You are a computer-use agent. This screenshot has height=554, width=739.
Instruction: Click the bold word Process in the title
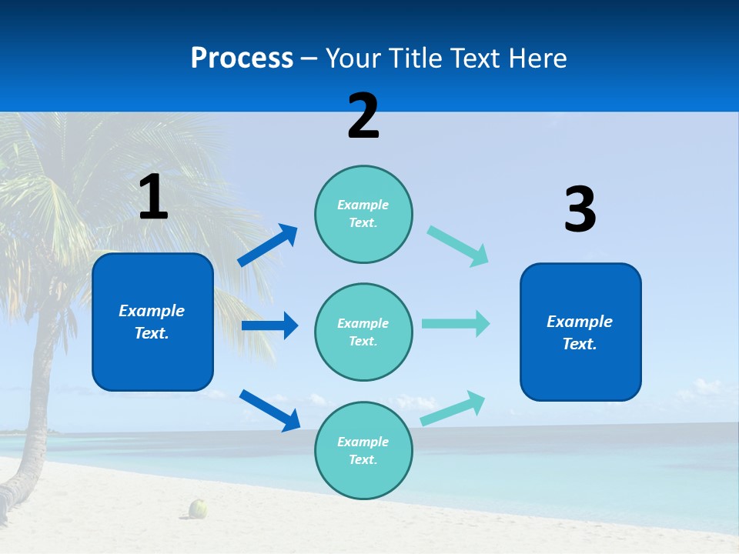[x=242, y=58]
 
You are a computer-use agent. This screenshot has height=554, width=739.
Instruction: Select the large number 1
[x=153, y=197]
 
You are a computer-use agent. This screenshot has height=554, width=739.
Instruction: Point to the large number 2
[x=363, y=116]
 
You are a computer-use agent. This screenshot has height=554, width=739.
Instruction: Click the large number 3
[x=580, y=210]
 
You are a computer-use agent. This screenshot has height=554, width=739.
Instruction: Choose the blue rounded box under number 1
[x=152, y=322]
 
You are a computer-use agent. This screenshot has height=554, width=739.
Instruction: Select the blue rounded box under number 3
[x=580, y=332]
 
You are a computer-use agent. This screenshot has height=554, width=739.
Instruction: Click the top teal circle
[x=363, y=214]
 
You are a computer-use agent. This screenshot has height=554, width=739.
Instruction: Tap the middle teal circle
[x=363, y=332]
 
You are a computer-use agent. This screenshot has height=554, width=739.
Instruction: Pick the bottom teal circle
[x=363, y=451]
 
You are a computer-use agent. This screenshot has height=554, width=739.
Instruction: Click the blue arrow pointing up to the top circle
[x=268, y=245]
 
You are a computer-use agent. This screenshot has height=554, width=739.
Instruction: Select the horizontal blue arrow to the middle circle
[x=269, y=326]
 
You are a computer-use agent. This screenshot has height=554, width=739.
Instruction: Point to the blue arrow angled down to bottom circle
[x=269, y=410]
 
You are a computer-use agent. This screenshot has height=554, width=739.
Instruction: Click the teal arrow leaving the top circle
[x=458, y=246]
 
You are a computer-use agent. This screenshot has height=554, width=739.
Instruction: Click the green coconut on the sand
[x=199, y=508]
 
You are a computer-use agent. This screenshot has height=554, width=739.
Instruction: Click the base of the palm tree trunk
[x=12, y=492]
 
